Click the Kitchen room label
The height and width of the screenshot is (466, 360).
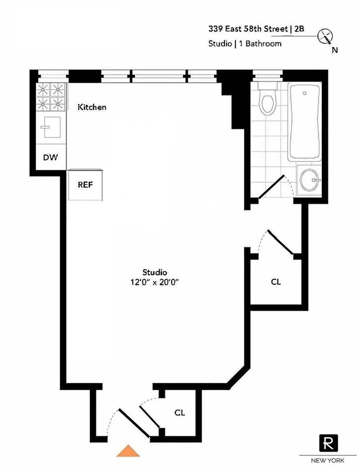point(91,107)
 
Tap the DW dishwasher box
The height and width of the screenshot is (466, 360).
point(51,157)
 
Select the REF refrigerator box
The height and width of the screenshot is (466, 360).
point(85,185)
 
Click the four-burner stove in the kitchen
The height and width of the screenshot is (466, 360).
point(52,96)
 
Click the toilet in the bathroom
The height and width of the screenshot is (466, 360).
point(268,100)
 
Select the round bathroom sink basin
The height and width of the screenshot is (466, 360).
point(309,180)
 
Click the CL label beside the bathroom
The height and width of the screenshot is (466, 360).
point(276,281)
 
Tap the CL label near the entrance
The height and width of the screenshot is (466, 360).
point(179,412)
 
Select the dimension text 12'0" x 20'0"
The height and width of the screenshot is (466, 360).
point(155,281)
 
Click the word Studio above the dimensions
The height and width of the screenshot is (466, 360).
point(155,272)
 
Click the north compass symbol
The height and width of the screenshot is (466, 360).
point(326,37)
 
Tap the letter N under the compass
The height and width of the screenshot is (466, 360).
point(335,50)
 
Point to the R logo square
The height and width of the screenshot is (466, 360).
point(328,443)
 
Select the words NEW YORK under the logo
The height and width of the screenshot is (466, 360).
point(328,460)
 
